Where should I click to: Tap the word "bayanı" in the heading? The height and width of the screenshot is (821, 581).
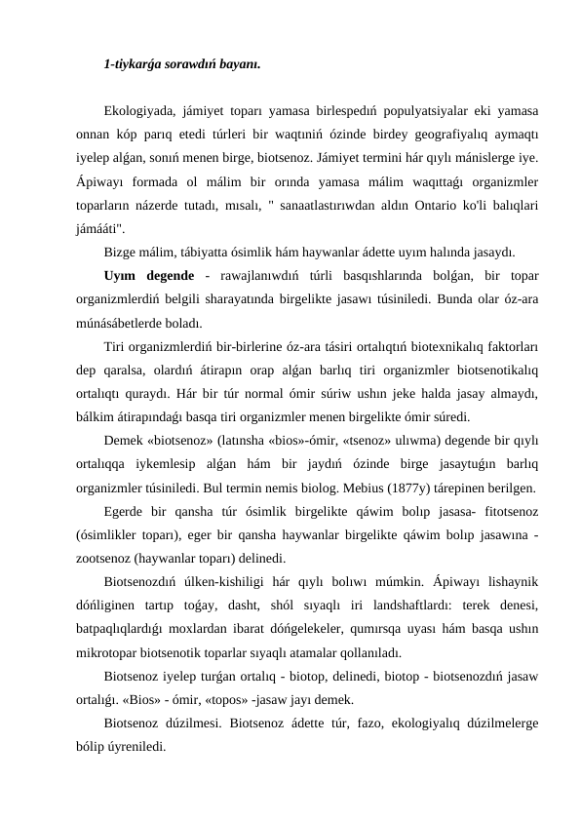(x=238, y=65)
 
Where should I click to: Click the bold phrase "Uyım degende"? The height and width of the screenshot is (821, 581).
(x=148, y=276)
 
